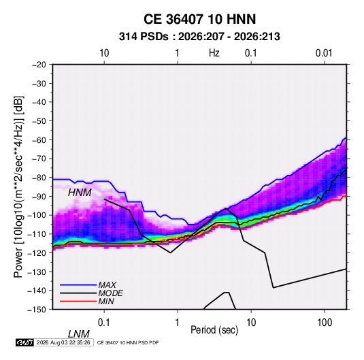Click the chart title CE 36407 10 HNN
click(199, 19)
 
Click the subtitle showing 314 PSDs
click(199, 37)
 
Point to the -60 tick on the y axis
click(39, 140)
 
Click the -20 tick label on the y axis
click(39, 65)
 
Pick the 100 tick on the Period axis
click(325, 323)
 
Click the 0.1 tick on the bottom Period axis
click(104, 323)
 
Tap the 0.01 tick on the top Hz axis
click(324, 53)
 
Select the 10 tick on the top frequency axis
click(104, 53)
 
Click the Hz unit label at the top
click(214, 53)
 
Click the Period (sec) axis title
click(214, 330)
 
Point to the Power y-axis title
click(18, 186)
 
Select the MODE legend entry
click(91, 293)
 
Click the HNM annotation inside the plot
click(80, 193)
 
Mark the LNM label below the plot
click(79, 334)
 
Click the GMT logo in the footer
click(25, 342)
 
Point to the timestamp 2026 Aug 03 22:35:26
click(63, 342)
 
